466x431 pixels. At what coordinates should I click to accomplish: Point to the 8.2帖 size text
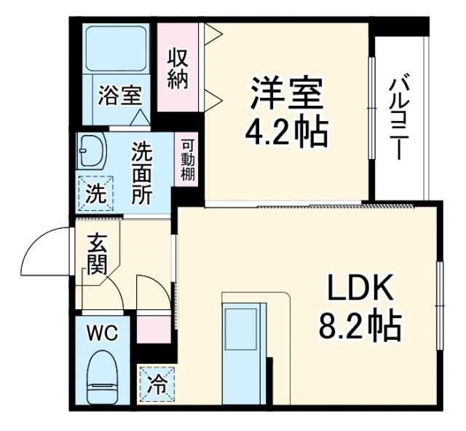click(360, 327)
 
